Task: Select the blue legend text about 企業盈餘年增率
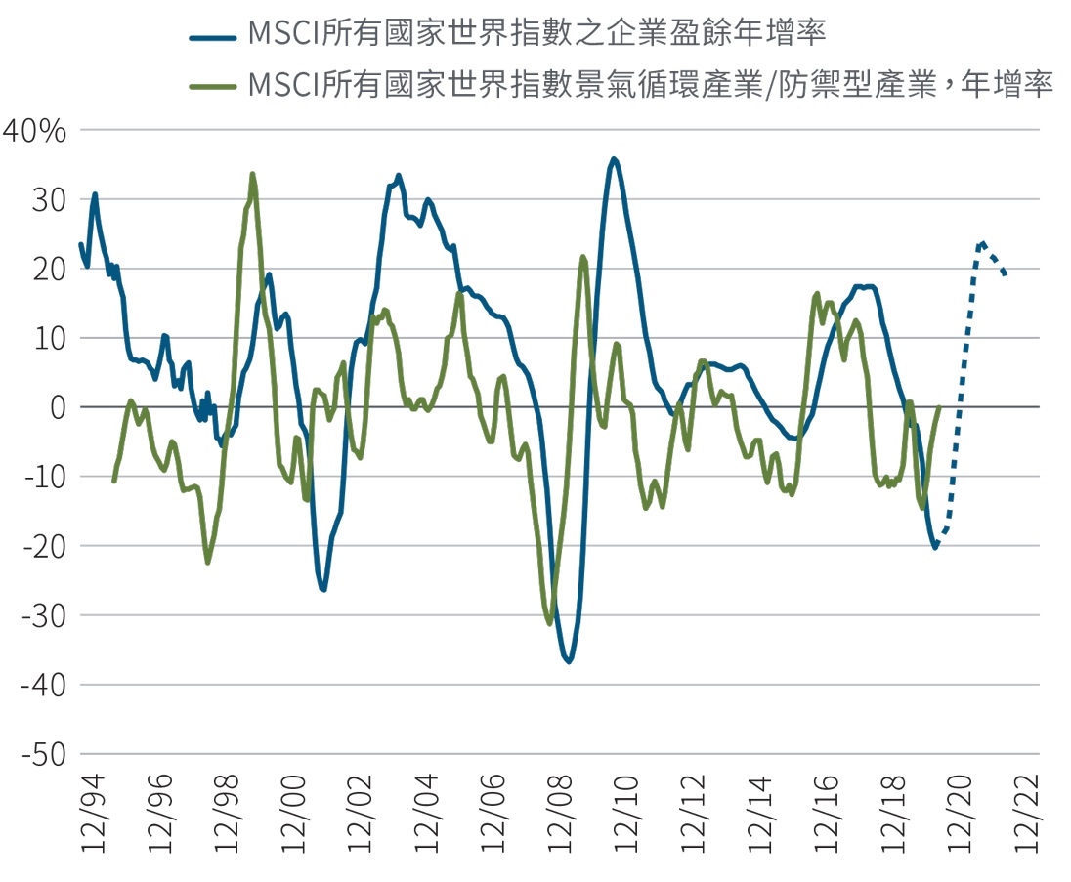pos(537,36)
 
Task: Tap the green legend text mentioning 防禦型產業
pos(650,85)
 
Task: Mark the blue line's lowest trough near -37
pos(569,661)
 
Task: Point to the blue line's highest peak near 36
pos(614,158)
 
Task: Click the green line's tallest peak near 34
pos(253,175)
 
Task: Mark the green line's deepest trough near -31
pos(549,623)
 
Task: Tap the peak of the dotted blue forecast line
pos(981,242)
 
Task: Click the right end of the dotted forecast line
pos(1006,274)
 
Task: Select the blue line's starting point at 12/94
pos(80,244)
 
